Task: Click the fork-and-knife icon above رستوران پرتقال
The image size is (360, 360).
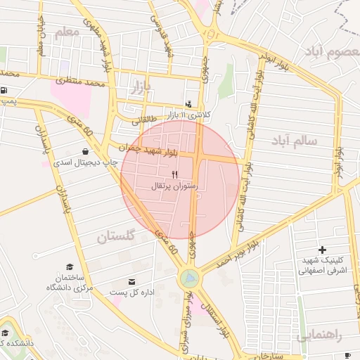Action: [174, 174]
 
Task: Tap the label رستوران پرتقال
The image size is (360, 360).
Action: [175, 186]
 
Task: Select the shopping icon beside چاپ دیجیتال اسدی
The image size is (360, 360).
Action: [86, 151]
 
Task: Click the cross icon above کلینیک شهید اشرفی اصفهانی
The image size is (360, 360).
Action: [322, 250]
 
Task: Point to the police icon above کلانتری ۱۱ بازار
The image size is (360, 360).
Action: [188, 103]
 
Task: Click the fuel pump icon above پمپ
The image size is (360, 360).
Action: [6, 90]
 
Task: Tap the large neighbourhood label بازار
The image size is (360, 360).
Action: [141, 86]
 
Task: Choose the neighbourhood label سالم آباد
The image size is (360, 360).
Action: [293, 141]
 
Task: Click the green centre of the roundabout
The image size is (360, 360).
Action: [188, 278]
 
